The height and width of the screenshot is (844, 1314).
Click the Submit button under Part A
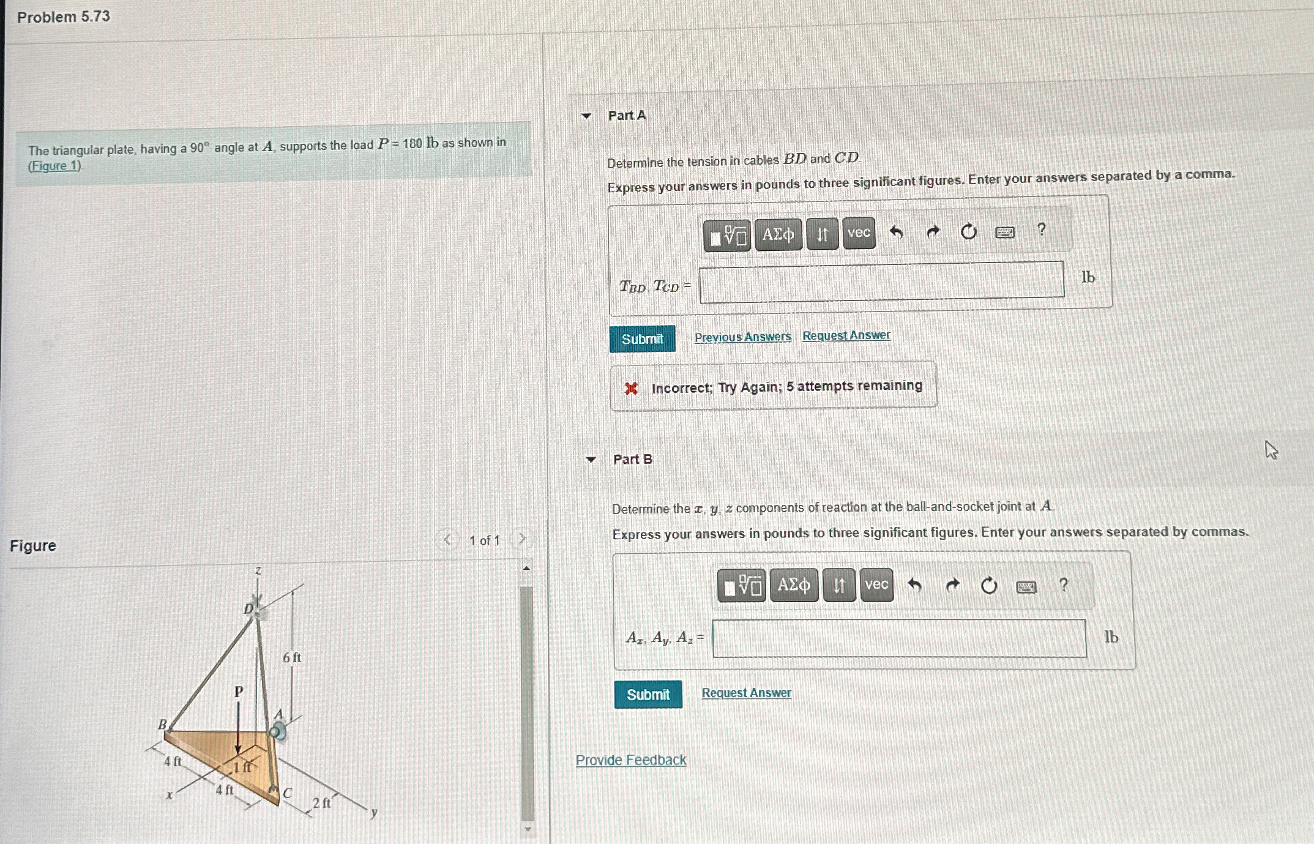point(642,339)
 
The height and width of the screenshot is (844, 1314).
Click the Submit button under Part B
point(648,695)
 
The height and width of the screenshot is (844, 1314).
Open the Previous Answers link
point(742,337)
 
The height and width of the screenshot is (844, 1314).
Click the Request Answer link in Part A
point(846,335)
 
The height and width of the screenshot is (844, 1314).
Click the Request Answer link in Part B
point(746,693)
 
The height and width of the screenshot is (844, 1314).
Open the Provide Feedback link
point(630,760)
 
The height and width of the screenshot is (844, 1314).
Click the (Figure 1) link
point(54,166)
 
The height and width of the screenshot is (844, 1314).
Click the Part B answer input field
point(899,638)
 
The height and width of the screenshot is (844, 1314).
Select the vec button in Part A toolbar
point(859,233)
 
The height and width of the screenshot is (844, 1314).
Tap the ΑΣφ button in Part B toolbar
point(794,586)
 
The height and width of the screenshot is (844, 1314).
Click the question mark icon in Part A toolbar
point(1042,230)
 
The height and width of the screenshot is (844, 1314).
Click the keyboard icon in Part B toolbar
point(1026,587)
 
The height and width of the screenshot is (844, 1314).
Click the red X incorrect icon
point(631,388)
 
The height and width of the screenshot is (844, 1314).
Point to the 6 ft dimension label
point(292,657)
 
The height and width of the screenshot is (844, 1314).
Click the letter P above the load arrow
point(239,692)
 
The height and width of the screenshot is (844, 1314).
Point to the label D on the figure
point(248,608)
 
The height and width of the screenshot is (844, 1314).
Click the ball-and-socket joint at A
point(278,731)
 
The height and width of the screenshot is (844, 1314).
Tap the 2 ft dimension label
point(321,802)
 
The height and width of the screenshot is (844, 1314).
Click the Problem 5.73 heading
point(64,17)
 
